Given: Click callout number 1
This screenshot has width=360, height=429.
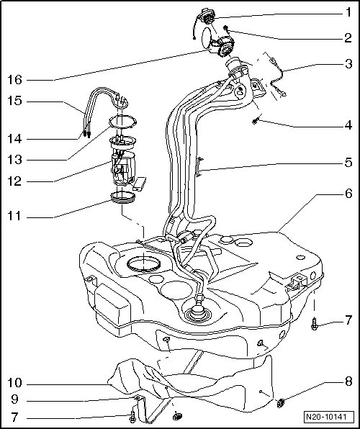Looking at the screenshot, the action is (x=348, y=12).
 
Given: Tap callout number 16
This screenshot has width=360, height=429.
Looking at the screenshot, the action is (x=15, y=80).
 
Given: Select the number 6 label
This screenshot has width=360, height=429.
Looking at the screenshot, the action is (x=348, y=194).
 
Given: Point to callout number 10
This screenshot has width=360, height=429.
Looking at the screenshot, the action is (x=15, y=383).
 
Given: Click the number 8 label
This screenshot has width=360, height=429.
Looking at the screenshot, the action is (x=348, y=381).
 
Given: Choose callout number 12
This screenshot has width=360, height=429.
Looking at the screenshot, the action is (x=15, y=181).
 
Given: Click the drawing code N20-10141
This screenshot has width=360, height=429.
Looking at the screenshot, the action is (x=326, y=417).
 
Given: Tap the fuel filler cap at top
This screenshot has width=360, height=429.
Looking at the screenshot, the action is (x=207, y=17).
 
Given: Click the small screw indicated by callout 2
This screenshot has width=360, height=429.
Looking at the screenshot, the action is (x=226, y=27).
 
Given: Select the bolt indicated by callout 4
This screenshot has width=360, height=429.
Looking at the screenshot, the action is (x=255, y=121).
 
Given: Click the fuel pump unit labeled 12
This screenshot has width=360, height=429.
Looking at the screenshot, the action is (x=122, y=167).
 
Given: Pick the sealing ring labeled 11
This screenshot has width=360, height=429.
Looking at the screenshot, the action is (x=122, y=197).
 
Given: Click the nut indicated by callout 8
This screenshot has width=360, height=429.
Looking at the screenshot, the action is (x=280, y=403).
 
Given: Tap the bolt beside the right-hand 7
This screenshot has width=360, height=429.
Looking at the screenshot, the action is (x=315, y=324).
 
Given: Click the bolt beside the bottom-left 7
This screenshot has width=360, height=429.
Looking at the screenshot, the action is (x=132, y=415).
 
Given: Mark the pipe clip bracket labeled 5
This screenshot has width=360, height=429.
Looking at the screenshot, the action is (x=199, y=167).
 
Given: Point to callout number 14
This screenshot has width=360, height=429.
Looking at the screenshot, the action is (x=15, y=139).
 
